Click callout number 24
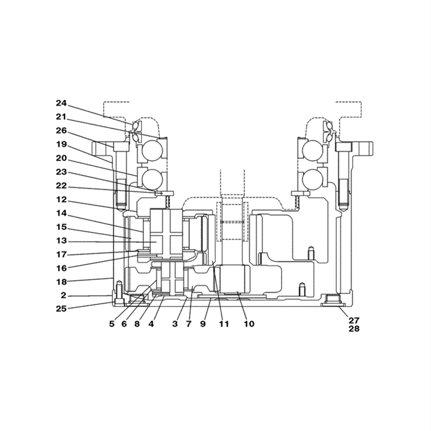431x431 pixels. [61, 103]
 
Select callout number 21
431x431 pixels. [61, 117]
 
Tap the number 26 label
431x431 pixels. [61, 131]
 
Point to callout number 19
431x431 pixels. [61, 144]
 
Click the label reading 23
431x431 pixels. [61, 172]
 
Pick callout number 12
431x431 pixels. [61, 200]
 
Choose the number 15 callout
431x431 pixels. [61, 227]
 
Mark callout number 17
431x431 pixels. [61, 255]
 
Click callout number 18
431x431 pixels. [61, 282]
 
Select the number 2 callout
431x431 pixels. [64, 296]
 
